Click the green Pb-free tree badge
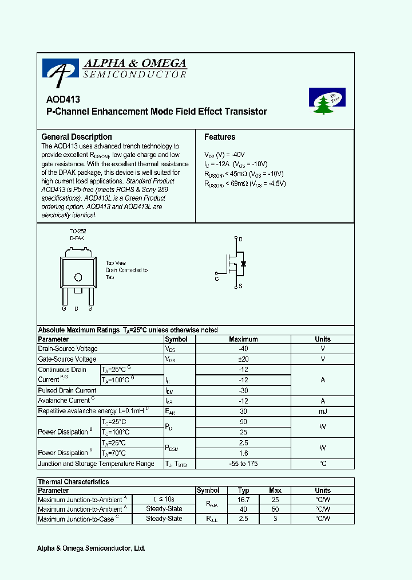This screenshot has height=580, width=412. [x=327, y=101]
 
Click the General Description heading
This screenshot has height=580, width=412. [x=77, y=137]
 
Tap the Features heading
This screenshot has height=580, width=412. [x=220, y=137]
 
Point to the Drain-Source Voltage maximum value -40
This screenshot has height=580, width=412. [x=243, y=349]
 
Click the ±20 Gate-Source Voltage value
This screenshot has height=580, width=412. [x=243, y=359]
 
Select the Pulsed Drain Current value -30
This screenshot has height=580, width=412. [x=243, y=390]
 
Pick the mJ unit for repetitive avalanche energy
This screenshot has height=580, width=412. [x=323, y=411]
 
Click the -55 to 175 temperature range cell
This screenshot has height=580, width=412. [x=243, y=464]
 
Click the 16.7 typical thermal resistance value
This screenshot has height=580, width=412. [x=243, y=500]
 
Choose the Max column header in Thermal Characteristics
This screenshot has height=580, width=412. [x=275, y=491]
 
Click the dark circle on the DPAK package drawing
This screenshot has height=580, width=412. [x=78, y=277]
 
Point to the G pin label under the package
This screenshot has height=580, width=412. [x=64, y=308]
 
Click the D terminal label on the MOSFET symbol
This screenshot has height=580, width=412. [x=240, y=239]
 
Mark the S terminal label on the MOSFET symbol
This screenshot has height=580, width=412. [x=240, y=285]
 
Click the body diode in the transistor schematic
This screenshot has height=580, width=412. [x=244, y=264]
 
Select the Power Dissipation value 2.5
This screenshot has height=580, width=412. [x=243, y=443]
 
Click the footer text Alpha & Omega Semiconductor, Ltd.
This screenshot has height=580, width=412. [x=91, y=548]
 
